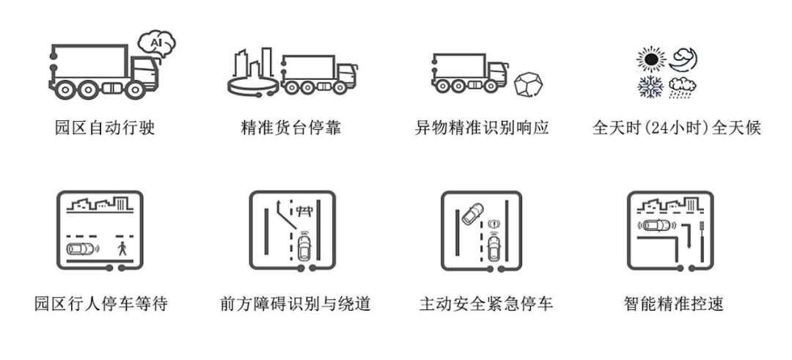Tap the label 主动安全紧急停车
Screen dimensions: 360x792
pos(485,303)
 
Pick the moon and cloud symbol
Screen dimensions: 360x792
pos(683,59)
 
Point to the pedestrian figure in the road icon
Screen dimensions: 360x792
pos(121,249)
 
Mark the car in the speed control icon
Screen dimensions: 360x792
pos(656,225)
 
